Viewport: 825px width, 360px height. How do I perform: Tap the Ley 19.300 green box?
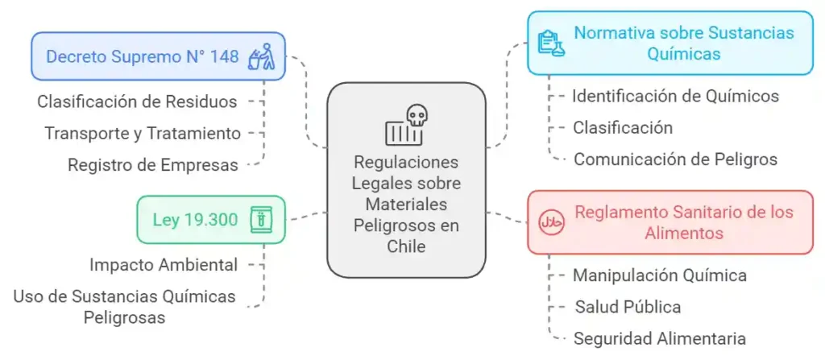[x=210, y=218]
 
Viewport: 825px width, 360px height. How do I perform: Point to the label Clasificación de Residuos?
[x=137, y=101]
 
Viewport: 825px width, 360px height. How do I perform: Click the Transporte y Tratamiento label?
[x=143, y=133]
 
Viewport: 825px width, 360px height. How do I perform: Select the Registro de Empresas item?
[x=153, y=164]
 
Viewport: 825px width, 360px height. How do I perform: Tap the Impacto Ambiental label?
[x=164, y=264]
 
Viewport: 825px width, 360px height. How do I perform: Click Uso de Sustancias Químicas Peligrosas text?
[x=124, y=306]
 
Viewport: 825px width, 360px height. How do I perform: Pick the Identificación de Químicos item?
[x=675, y=96]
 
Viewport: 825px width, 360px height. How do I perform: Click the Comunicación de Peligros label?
[x=675, y=159]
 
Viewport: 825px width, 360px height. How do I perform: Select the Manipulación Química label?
[x=659, y=275]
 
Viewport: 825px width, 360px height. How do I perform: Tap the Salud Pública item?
[x=628, y=306]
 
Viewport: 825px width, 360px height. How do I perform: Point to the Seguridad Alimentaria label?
[x=659, y=337]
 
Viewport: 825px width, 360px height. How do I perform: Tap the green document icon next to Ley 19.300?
[x=260, y=218]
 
